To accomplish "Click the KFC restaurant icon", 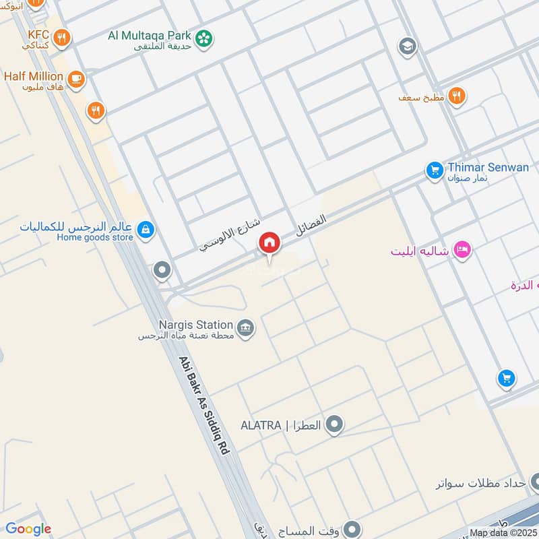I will pyautogui.click(x=62, y=38).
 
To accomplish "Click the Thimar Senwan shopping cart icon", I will pyautogui.click(x=434, y=170).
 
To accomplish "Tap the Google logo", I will pyautogui.click(x=28, y=528).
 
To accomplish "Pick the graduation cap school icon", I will pyautogui.click(x=408, y=46).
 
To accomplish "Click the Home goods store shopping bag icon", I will pyautogui.click(x=146, y=231).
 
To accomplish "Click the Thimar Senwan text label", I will pyautogui.click(x=488, y=167).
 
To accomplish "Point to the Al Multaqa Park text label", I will pyautogui.click(x=149, y=35).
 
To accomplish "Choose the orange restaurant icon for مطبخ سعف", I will pyautogui.click(x=457, y=96).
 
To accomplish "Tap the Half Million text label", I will pyautogui.click(x=33, y=76).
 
